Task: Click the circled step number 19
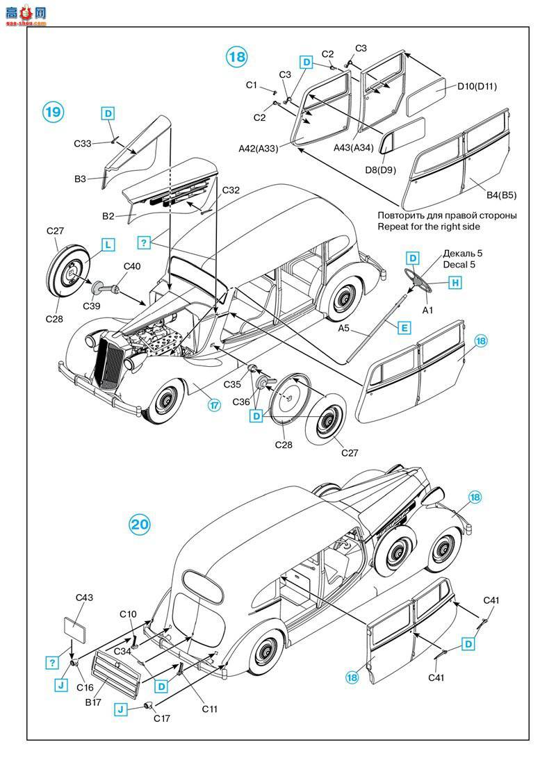[54, 112]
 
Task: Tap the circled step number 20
[140, 525]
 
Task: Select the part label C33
[83, 144]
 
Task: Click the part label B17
[93, 702]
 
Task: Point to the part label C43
[84, 597]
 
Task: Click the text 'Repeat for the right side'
[429, 226]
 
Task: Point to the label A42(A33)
[258, 148]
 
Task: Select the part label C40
[131, 266]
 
